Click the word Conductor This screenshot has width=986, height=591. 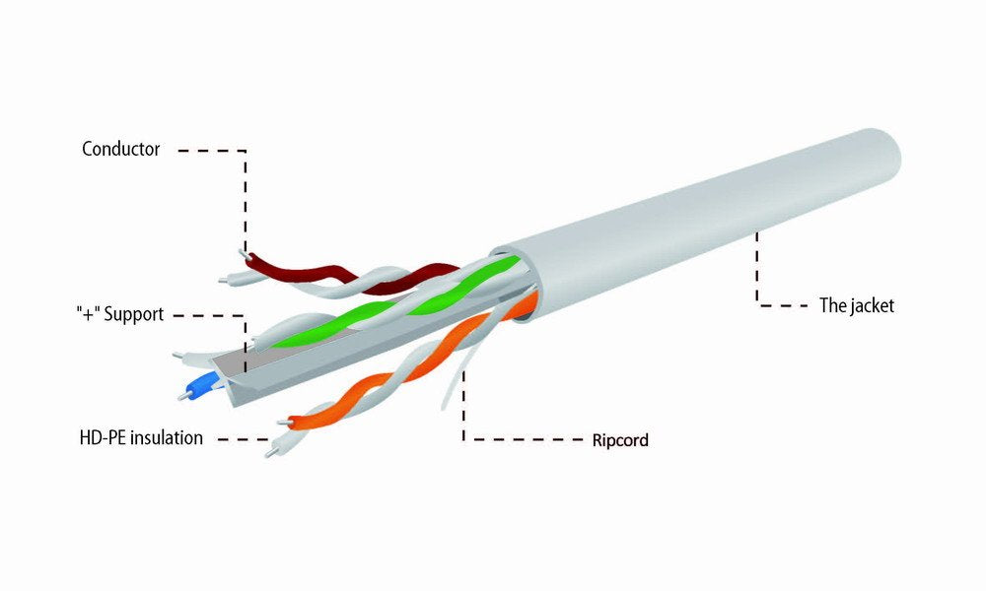point(121,150)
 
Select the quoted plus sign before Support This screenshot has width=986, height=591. point(88,315)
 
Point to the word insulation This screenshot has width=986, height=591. point(166,436)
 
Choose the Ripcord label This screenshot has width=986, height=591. point(620,440)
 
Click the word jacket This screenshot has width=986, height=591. point(871,306)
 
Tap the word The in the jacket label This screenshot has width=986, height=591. point(832,306)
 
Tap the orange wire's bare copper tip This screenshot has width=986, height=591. point(284,424)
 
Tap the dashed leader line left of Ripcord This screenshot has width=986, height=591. point(523,438)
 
